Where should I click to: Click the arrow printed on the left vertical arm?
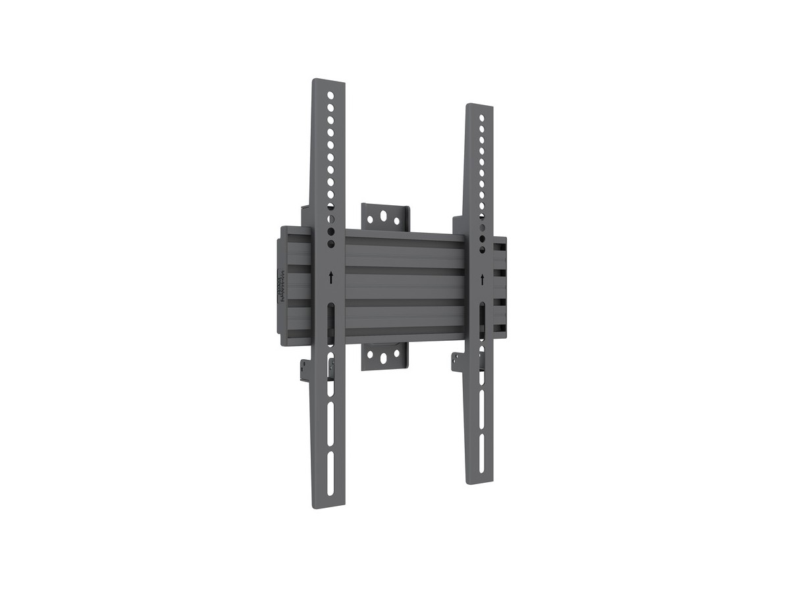pyautogui.click(x=330, y=278)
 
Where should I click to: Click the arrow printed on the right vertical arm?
pyautogui.click(x=483, y=279)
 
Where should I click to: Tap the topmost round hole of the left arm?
pyautogui.click(x=331, y=96)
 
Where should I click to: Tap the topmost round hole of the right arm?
pyautogui.click(x=483, y=118)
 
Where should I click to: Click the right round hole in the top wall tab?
pyautogui.click(x=398, y=218)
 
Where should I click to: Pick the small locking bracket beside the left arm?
pyautogui.click(x=308, y=368)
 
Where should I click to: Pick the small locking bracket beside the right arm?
pyautogui.click(x=458, y=360)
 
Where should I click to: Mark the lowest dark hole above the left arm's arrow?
pyautogui.click(x=330, y=244)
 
